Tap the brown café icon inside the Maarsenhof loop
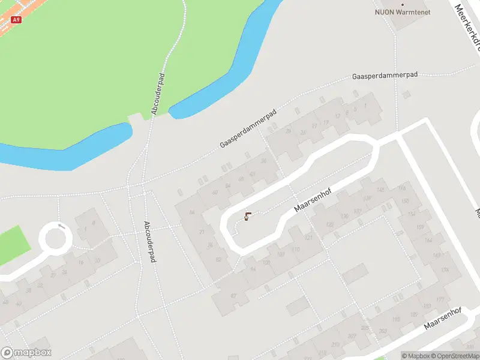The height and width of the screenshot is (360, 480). tap(247, 216)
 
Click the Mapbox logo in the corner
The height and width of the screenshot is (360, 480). tap(26, 352)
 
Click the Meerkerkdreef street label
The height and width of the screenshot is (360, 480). tap(467, 24)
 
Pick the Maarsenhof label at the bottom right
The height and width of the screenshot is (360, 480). tap(442, 319)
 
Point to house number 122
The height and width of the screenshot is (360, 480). tap(329, 225)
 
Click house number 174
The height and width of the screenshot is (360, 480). tap(445, 271)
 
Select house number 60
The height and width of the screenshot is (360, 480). tap(215, 192)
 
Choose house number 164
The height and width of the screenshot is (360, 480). tap(428, 240)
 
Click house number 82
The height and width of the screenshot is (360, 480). tap(218, 259)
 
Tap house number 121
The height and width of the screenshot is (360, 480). tap(308, 238)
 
